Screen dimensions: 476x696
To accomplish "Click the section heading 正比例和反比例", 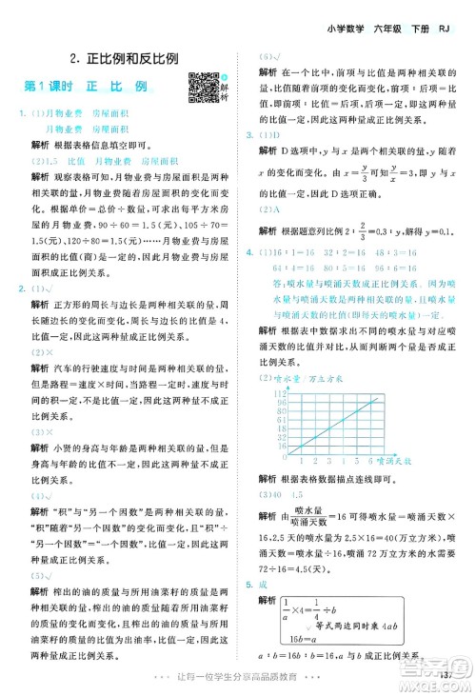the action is [124, 57].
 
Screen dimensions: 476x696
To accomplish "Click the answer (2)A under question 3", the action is [270, 208].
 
